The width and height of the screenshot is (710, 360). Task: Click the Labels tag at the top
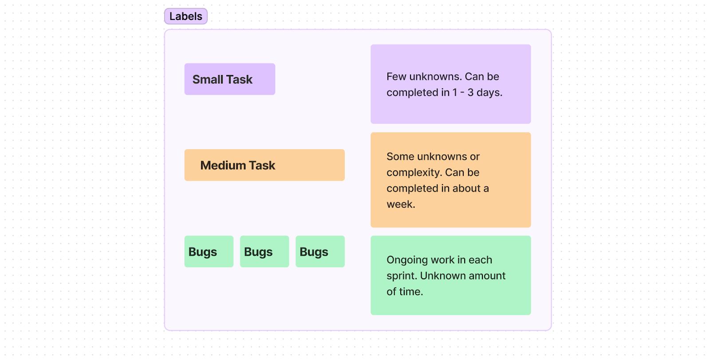click(185, 16)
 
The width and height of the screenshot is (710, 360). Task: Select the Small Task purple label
click(229, 79)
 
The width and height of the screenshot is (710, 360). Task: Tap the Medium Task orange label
click(264, 165)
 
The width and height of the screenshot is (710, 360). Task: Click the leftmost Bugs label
click(209, 252)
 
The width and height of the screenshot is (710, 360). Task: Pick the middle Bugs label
click(264, 252)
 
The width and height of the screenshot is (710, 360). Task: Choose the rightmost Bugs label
click(319, 252)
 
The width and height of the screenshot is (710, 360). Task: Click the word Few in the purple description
click(396, 77)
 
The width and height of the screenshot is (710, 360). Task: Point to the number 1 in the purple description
click(455, 93)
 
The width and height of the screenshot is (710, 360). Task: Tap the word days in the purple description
click(489, 93)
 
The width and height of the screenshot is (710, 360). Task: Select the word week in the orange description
click(400, 205)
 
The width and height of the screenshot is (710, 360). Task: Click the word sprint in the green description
click(401, 276)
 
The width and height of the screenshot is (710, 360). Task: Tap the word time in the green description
click(411, 292)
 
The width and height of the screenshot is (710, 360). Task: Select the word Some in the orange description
click(400, 157)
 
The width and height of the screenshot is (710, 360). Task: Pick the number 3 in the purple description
click(470, 93)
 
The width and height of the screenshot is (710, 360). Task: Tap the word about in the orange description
click(466, 189)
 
